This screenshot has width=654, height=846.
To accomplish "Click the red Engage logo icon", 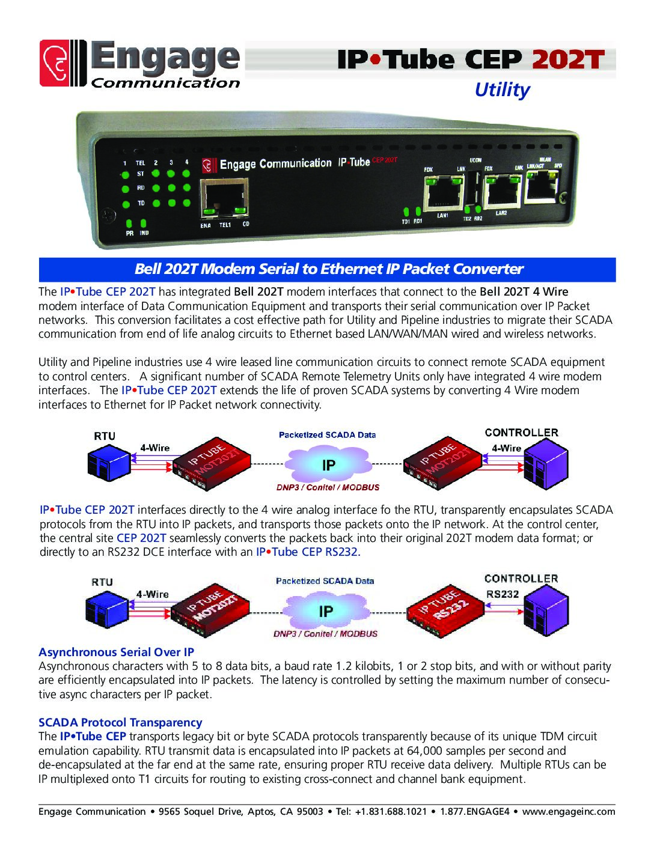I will (x=63, y=63).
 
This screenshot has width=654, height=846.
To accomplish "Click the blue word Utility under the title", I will (x=502, y=90).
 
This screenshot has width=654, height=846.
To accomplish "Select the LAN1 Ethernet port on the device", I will (x=443, y=192).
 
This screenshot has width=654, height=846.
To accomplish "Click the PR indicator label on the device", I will (x=130, y=233).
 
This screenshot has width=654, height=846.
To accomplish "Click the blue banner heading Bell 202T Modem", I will (x=328, y=269).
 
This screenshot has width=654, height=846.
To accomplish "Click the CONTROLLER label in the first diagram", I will (x=521, y=433).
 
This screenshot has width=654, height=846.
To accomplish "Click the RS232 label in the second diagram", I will (x=503, y=593).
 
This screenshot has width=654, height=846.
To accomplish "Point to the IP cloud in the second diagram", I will (x=326, y=611).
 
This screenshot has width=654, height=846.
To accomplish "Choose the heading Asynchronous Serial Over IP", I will (x=116, y=652).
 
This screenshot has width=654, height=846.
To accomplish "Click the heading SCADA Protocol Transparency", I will (x=120, y=722).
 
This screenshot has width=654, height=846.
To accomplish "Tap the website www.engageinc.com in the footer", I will (x=568, y=812).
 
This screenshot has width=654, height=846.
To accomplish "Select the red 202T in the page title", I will (x=567, y=59).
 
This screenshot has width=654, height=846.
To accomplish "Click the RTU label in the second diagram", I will (x=102, y=582).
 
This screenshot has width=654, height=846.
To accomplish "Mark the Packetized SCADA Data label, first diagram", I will (x=327, y=434).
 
